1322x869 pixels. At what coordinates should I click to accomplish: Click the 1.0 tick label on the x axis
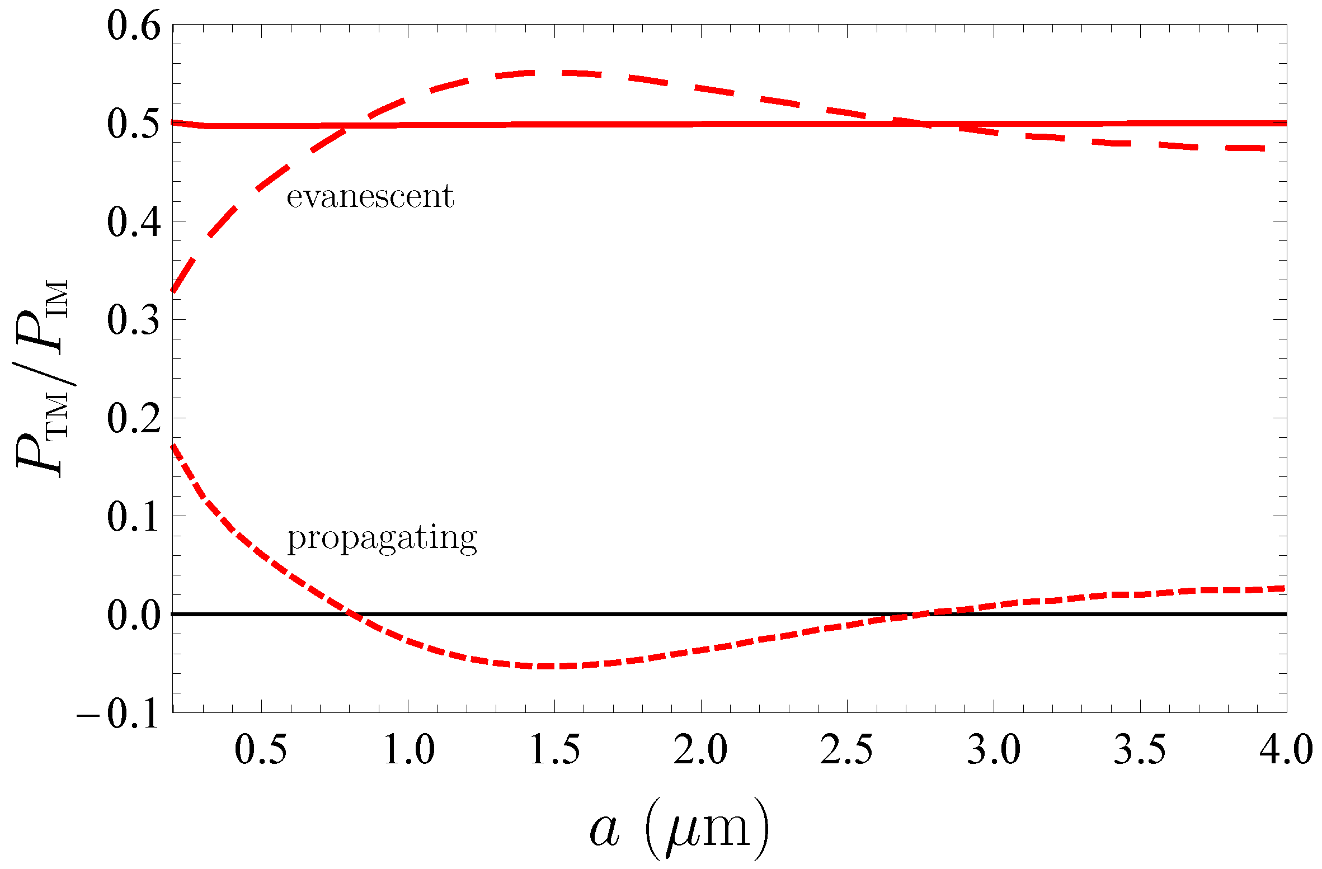[x=408, y=750]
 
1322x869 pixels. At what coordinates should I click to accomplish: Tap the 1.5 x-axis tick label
[x=554, y=750]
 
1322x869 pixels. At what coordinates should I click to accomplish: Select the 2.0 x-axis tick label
[x=700, y=750]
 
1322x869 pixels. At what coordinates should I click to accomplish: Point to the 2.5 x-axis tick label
[x=846, y=750]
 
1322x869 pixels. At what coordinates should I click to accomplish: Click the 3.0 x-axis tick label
[x=994, y=750]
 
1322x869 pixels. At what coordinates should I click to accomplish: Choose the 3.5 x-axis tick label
[x=1140, y=750]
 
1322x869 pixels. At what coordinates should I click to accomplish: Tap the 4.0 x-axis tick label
[x=1286, y=750]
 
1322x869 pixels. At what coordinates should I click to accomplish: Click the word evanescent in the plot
[x=370, y=196]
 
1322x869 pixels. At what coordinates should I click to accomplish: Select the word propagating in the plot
[x=382, y=539]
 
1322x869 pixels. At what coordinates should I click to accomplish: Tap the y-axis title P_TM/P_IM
[x=43, y=378]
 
